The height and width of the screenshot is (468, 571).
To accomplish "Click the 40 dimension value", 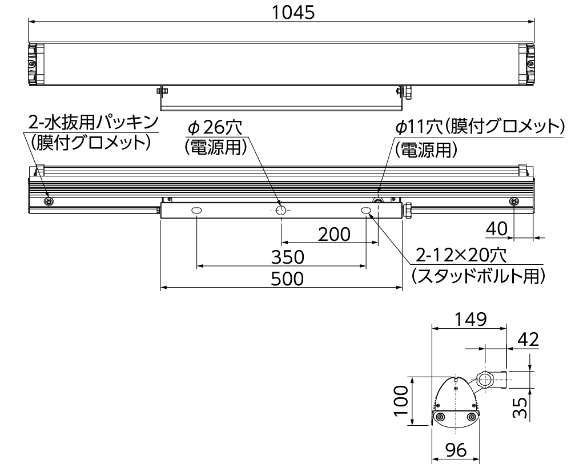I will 497,229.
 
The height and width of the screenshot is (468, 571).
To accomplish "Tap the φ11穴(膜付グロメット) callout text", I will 480,126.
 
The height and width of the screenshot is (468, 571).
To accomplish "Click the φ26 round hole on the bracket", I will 281,211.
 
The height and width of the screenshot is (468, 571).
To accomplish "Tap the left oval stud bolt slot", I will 196,211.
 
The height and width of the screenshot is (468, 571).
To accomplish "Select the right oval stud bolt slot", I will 366,211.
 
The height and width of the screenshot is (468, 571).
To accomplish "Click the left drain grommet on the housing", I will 48,201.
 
